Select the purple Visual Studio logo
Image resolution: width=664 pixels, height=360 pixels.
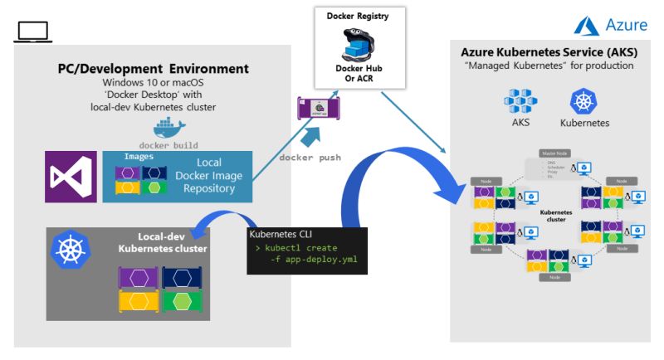click(71, 178)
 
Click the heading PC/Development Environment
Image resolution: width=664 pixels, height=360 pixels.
click(153, 68)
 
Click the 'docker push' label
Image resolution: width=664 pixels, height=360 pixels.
click(310, 158)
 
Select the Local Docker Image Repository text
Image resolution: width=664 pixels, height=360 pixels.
click(209, 177)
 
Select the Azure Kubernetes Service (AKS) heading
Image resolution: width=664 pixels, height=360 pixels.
click(549, 52)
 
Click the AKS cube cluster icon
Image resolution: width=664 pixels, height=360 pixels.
click(520, 102)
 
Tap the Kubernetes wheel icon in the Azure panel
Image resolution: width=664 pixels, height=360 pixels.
click(584, 102)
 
